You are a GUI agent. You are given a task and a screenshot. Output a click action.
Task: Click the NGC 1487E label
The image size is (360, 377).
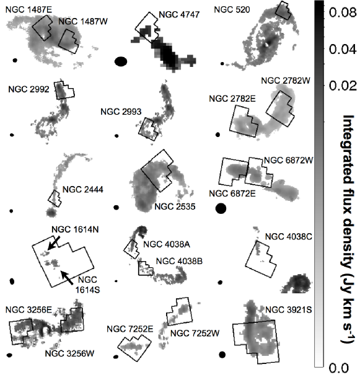click(x=29, y=10)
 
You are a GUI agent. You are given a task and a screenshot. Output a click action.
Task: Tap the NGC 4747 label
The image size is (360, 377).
click(x=179, y=15)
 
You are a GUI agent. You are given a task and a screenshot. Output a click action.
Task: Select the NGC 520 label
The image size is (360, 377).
click(x=232, y=10)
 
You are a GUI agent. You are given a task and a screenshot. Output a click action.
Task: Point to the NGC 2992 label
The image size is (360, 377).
click(x=29, y=89)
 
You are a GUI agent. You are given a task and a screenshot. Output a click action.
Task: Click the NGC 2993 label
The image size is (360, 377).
click(x=121, y=112)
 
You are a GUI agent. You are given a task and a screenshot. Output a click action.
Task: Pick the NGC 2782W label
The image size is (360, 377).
click(x=286, y=81)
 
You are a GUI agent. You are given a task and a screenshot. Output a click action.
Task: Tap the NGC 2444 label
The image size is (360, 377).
click(x=82, y=190)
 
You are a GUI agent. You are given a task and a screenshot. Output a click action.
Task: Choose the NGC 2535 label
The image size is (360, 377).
click(x=175, y=206)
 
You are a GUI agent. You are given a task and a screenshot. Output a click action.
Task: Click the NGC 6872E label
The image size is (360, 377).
click(x=232, y=193)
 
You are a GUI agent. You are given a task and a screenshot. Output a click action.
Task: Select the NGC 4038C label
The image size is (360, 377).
click(x=288, y=237)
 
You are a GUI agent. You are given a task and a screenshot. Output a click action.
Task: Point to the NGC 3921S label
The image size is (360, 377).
click(x=288, y=309)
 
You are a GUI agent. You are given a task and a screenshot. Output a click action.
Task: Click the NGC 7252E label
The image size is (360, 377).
click(x=130, y=329)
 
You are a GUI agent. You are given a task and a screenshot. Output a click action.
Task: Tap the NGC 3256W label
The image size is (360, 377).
click(x=69, y=353)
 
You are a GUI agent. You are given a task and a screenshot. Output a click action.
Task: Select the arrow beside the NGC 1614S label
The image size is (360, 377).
click(x=66, y=278)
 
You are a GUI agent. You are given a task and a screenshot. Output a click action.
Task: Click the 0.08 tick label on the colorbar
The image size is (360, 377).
click(x=342, y=12)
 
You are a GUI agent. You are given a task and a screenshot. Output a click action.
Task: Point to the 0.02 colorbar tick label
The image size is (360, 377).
click(x=342, y=86)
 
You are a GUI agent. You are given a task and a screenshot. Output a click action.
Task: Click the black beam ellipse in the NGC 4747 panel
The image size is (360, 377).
click(x=121, y=61)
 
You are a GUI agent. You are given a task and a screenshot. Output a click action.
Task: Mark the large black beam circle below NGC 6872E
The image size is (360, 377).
click(x=221, y=208)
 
